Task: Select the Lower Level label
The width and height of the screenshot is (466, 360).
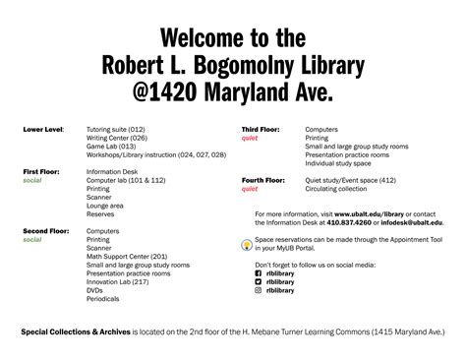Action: tap(43, 129)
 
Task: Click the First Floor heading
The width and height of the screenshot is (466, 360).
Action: tap(42, 172)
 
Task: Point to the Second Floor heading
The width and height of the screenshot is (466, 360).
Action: tap(45, 229)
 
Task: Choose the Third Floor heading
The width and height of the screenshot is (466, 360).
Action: tap(261, 129)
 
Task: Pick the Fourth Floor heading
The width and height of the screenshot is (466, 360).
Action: tap(262, 180)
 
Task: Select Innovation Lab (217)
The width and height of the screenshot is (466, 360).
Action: tap(118, 280)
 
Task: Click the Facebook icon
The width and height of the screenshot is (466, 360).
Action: tap(258, 273)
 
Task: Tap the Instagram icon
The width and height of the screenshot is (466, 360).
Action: tap(258, 291)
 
